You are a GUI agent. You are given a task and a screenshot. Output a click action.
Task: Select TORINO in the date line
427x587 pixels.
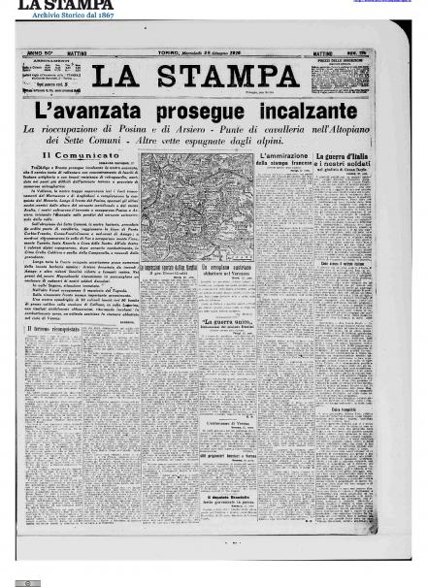pos(171,52)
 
